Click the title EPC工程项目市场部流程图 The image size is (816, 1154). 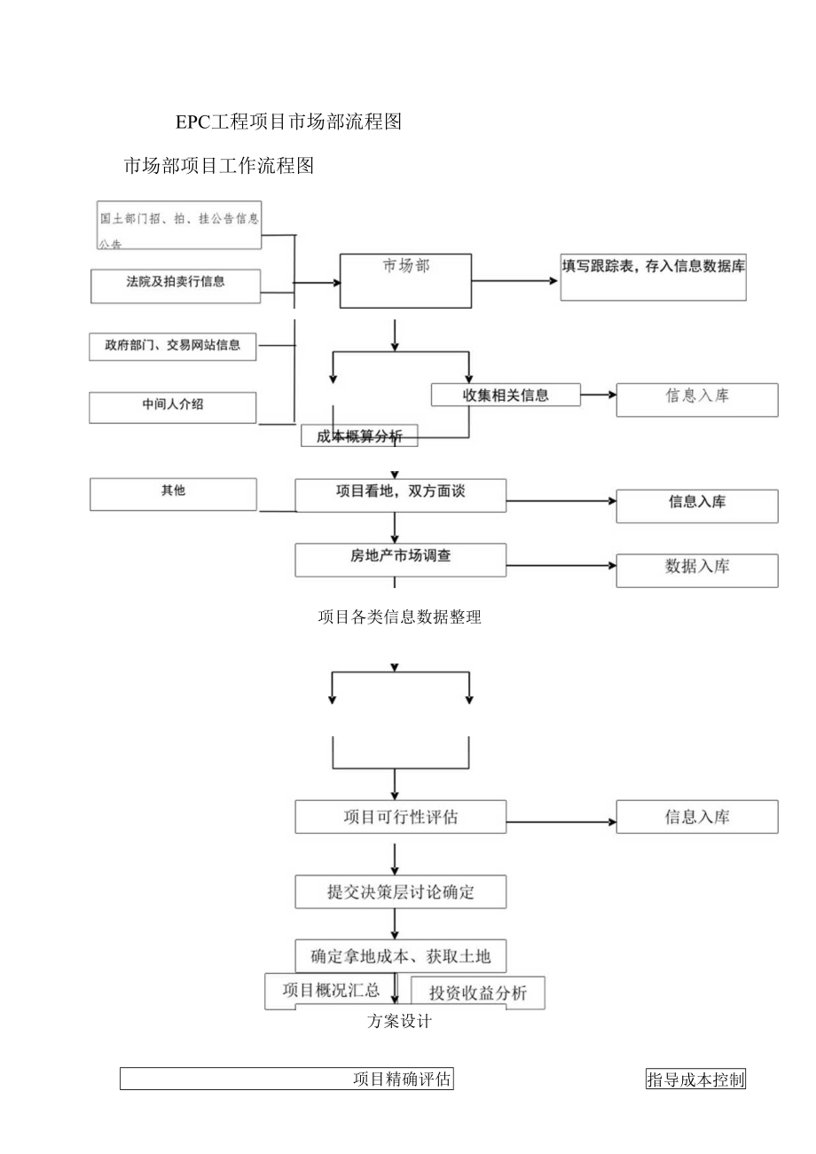[288, 122]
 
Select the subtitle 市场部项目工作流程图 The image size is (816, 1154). [219, 166]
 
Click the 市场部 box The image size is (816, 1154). [406, 280]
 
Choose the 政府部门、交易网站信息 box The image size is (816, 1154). [173, 346]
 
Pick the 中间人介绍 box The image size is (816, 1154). [173, 406]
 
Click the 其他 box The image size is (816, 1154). [173, 494]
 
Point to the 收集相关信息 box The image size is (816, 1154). [506, 396]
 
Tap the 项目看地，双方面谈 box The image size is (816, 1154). [401, 495]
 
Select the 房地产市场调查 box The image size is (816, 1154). [401, 560]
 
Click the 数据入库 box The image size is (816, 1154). [697, 570]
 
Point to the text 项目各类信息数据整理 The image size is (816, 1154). [399, 618]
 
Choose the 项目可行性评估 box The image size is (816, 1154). [401, 817]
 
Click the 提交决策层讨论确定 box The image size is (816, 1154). [401, 891]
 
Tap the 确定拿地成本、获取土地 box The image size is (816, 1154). [401, 956]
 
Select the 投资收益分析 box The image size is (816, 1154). [477, 993]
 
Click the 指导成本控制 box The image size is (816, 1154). [695, 1079]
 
